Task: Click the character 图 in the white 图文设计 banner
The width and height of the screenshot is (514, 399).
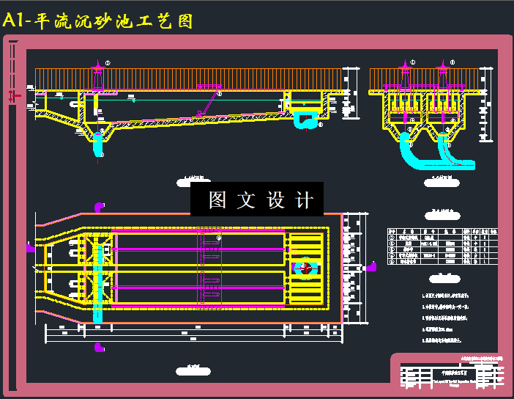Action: [x=217, y=199]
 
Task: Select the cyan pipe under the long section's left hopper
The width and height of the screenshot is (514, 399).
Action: [x=98, y=144]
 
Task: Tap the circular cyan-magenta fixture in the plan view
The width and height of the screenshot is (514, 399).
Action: [x=304, y=268]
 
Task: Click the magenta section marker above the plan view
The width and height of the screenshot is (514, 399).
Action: [x=98, y=207]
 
